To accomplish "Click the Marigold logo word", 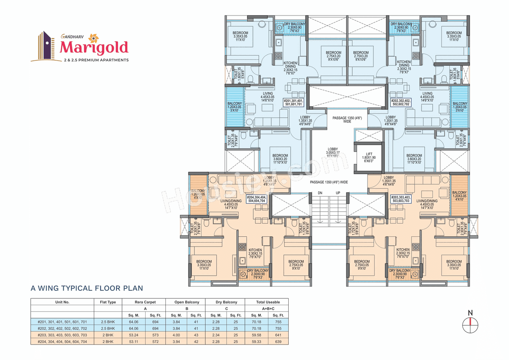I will [x=94, y=47].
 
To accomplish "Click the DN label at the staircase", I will [x=320, y=193].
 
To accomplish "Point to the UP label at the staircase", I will [x=338, y=193].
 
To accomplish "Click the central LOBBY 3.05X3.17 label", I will [x=332, y=152].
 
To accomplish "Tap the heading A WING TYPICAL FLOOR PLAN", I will [x=87, y=288].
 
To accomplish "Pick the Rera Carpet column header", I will [x=145, y=302].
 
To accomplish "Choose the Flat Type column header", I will [x=108, y=302].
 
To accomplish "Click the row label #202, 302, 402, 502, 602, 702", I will [x=62, y=328].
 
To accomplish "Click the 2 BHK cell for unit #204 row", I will [x=108, y=341].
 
